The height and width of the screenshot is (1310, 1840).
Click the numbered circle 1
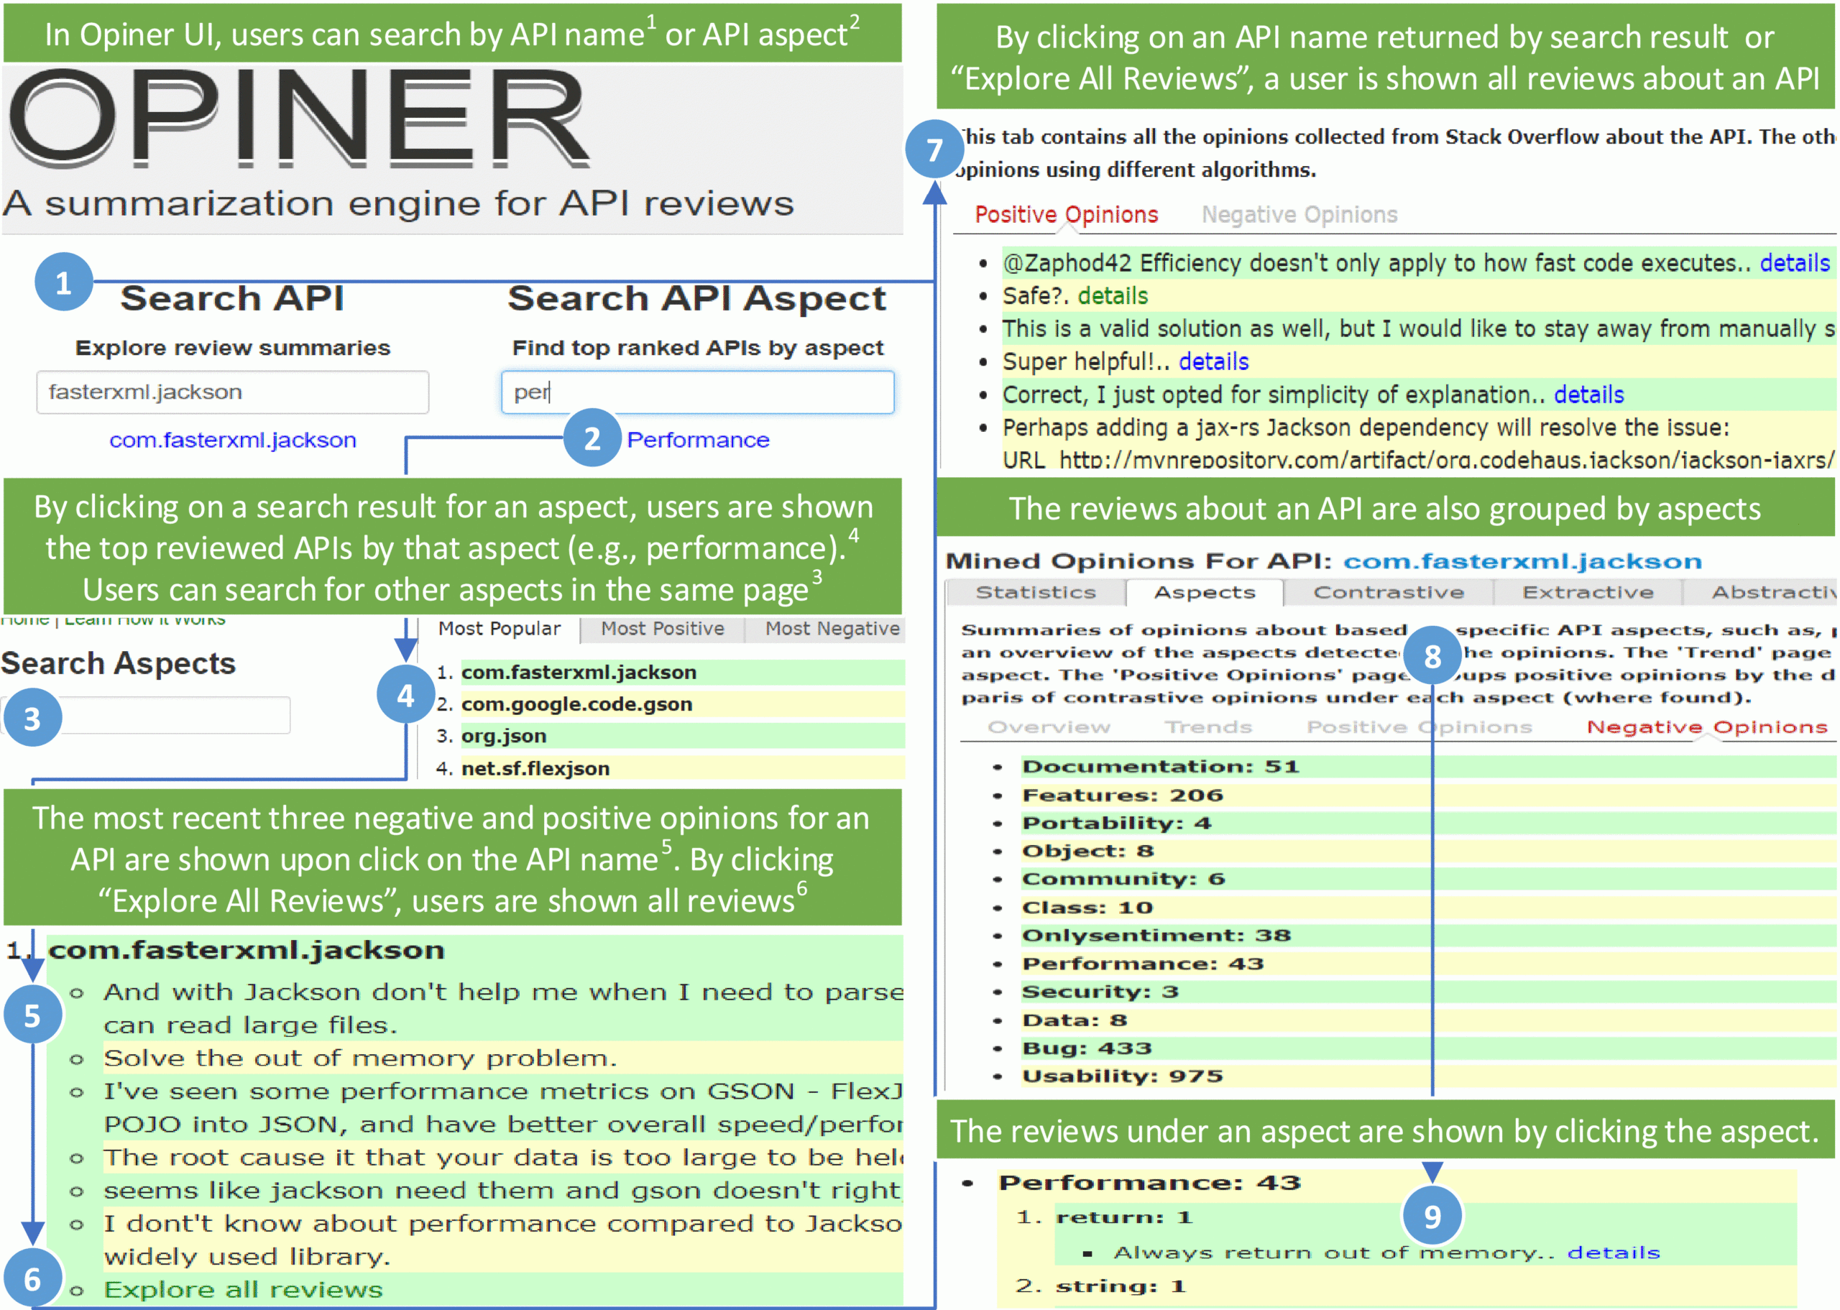click(x=63, y=282)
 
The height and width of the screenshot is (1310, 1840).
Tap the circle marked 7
click(x=934, y=149)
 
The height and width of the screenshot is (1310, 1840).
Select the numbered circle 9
click(x=1432, y=1216)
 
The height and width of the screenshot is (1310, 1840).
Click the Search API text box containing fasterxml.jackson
click(x=232, y=392)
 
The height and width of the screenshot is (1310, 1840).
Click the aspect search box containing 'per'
click(x=697, y=392)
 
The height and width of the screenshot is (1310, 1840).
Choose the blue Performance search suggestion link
click(x=698, y=440)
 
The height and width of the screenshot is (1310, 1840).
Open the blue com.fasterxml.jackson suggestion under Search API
click(x=232, y=440)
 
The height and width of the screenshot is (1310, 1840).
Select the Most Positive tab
click(x=662, y=628)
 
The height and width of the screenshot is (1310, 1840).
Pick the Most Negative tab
click(x=832, y=628)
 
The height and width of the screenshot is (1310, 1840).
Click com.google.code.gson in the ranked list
click(x=576, y=704)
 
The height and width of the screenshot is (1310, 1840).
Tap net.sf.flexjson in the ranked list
click(x=535, y=768)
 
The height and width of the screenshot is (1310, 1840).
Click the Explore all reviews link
click(x=243, y=1289)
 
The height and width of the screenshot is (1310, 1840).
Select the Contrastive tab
click(x=1389, y=592)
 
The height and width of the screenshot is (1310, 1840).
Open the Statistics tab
click(x=1036, y=592)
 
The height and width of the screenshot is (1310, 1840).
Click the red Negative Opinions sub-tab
click(x=1706, y=727)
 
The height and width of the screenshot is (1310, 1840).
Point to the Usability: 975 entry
click(x=1122, y=1075)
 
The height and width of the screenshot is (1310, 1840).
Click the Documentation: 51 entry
click(x=1160, y=765)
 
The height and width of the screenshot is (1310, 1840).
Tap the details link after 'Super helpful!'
click(x=1213, y=361)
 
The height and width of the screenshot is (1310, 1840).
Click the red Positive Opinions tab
click(x=1066, y=215)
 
